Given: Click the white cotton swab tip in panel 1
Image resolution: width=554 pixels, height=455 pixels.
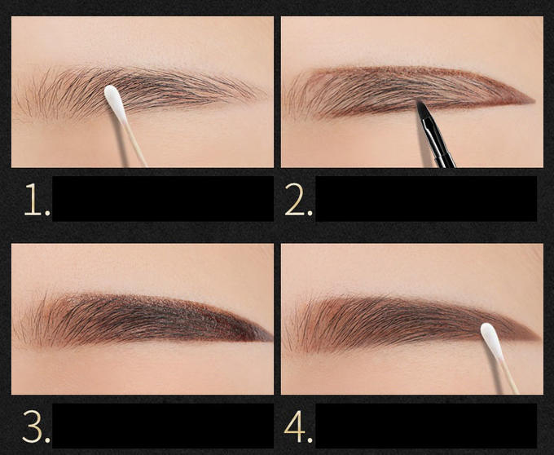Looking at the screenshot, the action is [x=115, y=104].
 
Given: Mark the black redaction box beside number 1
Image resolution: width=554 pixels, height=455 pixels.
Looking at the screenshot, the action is [x=162, y=198].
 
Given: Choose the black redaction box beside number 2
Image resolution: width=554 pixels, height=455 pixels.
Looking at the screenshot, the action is [x=426, y=198].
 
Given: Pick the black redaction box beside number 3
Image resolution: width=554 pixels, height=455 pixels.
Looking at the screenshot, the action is [x=162, y=426].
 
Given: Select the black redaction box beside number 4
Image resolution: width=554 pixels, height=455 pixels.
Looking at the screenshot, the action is [x=426, y=426].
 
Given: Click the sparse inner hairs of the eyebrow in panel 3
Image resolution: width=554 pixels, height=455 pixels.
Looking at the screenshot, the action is [x=33, y=322].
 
